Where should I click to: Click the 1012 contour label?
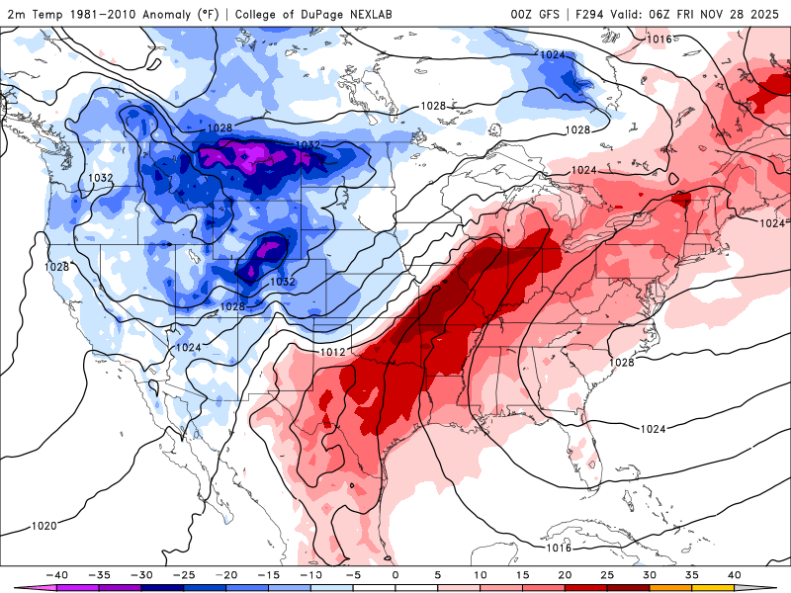coord(332,352)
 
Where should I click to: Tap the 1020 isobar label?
coord(44,526)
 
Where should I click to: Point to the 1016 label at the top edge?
coord(659,40)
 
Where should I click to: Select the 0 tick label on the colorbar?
coord(395,573)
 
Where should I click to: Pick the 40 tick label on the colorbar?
coord(734,573)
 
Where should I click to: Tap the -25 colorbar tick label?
coord(183,573)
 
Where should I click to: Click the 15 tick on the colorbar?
coord(522,573)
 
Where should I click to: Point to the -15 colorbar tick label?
coord(268,573)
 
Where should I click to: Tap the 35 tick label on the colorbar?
coord(692,573)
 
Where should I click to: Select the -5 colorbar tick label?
coord(353,573)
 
